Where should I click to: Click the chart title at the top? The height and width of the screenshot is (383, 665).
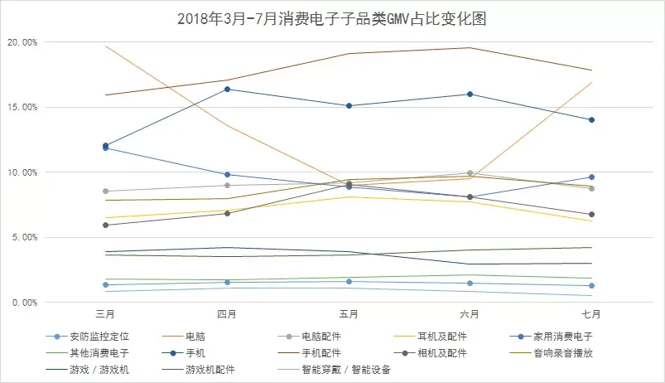click(331, 19)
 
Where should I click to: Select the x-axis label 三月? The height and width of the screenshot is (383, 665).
click(105, 314)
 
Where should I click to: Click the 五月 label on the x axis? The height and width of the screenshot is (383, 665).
click(349, 314)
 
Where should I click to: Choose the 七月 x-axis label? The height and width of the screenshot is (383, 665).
click(592, 314)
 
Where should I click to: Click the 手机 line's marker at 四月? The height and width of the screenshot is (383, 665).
click(227, 90)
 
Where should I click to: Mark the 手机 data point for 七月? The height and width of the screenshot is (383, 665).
click(592, 120)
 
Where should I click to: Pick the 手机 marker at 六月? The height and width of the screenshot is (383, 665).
click(470, 95)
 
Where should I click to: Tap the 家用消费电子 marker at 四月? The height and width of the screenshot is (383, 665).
click(227, 175)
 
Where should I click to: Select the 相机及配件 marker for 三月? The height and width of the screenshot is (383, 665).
click(105, 225)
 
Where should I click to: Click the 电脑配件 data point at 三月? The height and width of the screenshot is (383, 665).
click(105, 191)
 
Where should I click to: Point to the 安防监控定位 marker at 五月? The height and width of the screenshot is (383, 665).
click(349, 282)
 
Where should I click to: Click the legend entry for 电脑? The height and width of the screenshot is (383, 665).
click(195, 337)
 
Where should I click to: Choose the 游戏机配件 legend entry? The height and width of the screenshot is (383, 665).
click(209, 370)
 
